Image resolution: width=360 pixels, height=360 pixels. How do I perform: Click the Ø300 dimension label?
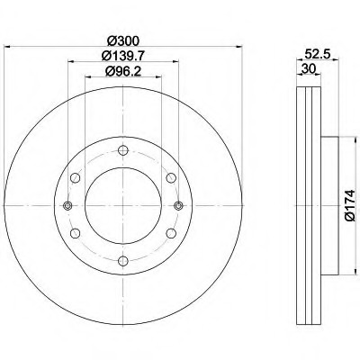(x=123, y=40)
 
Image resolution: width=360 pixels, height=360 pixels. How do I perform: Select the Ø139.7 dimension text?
(x=123, y=56)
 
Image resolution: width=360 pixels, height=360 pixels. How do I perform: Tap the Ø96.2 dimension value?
(x=123, y=71)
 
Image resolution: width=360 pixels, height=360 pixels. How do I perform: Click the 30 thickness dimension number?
(x=308, y=69)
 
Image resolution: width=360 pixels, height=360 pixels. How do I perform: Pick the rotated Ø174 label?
(x=350, y=205)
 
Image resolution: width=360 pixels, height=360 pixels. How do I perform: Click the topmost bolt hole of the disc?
(x=123, y=150)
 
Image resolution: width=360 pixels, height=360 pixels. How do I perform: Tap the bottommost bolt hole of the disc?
(x=123, y=260)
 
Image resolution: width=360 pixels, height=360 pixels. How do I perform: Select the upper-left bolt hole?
(x=76, y=178)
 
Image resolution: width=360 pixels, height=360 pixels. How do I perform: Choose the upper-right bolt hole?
(x=171, y=178)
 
